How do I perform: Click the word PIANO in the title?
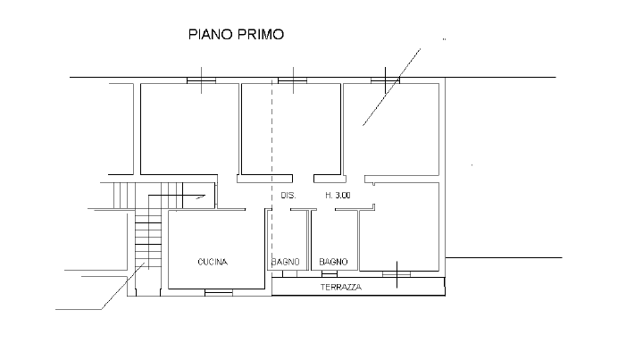pos(211,34)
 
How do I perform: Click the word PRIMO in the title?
pos(261,34)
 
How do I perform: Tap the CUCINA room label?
pos(213,262)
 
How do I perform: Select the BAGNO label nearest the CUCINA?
pos(286,262)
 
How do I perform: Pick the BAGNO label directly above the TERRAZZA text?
pos(333,262)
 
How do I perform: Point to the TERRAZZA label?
pos(341,287)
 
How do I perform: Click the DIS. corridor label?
pos(288,196)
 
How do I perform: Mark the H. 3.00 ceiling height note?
pos(338,196)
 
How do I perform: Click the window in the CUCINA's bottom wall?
pos(219,292)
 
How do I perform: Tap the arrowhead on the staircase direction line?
pos(201,197)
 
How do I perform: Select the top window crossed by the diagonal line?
pos(385,80)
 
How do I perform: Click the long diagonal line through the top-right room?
pos(392,87)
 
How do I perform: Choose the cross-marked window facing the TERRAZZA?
pos(397,274)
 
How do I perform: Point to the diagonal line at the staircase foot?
pos(123,286)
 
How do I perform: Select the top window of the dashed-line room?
pos(293,80)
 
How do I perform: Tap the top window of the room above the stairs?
pos(201,80)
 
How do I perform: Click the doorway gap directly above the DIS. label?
pos(303,179)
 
